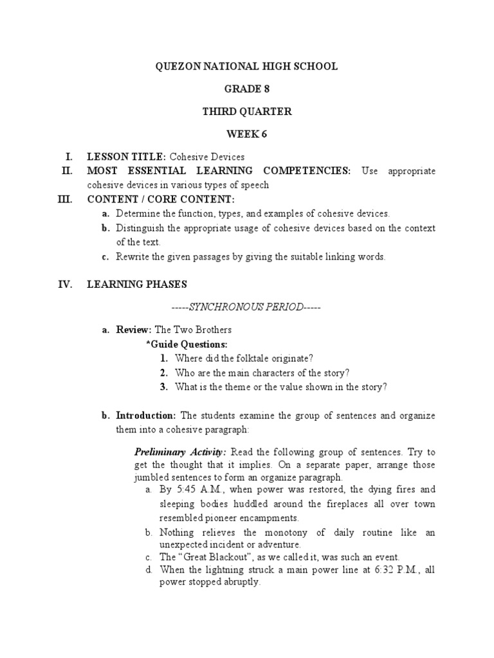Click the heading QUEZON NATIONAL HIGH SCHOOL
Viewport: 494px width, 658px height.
(247, 67)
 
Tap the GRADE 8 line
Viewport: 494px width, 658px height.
(247, 89)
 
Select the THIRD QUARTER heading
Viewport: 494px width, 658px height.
(247, 112)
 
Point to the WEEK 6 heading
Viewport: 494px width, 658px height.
(247, 134)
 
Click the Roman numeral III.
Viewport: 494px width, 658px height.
(64, 200)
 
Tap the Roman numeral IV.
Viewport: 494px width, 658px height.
(65, 284)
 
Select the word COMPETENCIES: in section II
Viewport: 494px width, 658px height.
(307, 171)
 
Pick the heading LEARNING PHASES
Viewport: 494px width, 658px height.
(138, 284)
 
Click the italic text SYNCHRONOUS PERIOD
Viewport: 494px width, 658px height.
(247, 307)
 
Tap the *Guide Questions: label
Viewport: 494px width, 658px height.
(187, 344)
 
